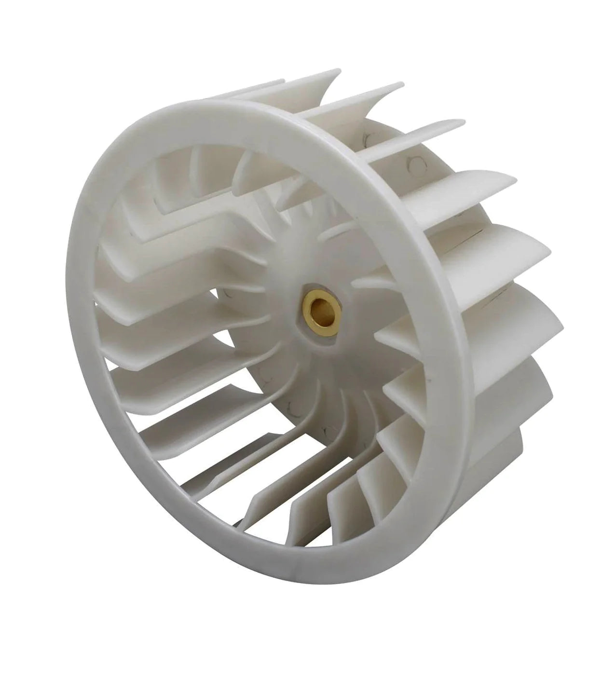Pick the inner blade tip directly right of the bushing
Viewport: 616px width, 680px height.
381,333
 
